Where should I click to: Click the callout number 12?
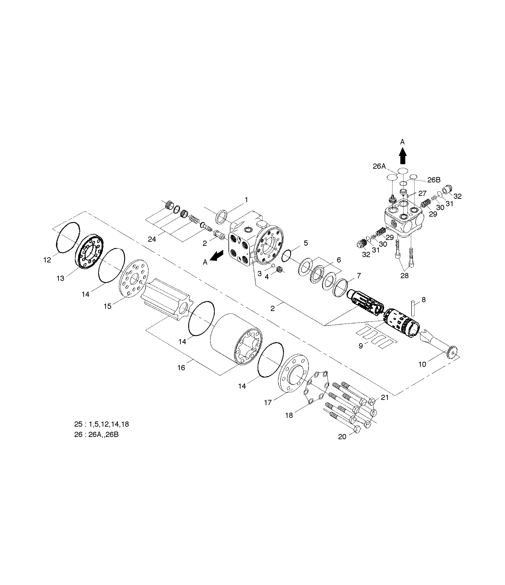click(47, 260)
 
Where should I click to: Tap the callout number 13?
click(60, 278)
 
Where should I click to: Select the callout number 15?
click(107, 306)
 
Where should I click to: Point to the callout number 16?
click(181, 368)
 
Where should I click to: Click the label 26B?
click(434, 180)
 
